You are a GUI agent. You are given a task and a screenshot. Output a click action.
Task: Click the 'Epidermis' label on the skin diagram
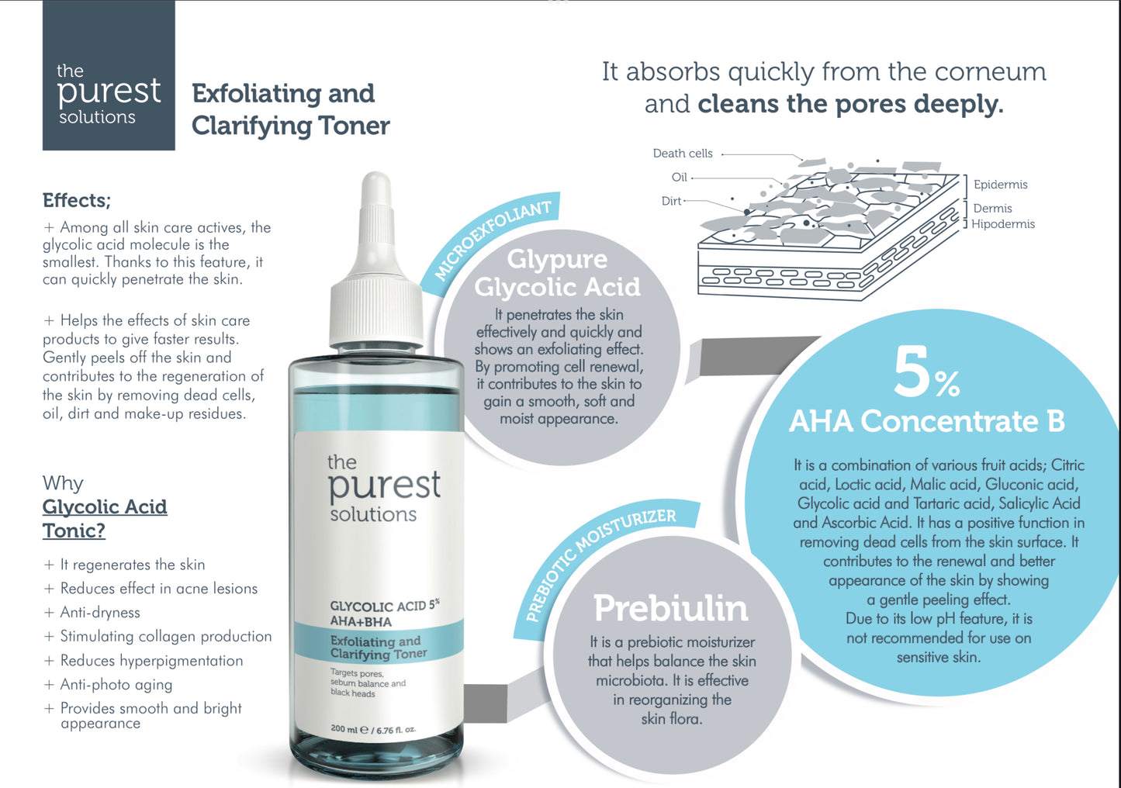click(x=1000, y=185)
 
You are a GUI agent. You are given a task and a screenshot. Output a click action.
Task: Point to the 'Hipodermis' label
click(x=1003, y=224)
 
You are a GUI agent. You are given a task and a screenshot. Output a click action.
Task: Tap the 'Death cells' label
click(x=683, y=154)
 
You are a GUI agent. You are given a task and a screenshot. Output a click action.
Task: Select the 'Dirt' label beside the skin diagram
click(x=671, y=201)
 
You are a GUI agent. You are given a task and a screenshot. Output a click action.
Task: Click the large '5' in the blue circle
click(x=912, y=372)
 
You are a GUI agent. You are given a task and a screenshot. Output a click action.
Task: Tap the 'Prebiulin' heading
click(x=671, y=609)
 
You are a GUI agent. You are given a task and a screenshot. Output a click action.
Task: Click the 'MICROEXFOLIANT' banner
click(x=493, y=240)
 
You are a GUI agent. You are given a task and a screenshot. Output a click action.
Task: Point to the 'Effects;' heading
click(x=77, y=200)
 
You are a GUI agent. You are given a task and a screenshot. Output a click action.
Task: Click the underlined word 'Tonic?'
click(x=74, y=531)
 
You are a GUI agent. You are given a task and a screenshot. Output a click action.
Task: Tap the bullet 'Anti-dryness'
click(x=100, y=613)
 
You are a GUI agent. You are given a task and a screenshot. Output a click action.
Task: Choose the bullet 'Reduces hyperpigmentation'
click(x=151, y=661)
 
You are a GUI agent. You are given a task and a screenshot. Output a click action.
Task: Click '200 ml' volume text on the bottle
click(x=344, y=728)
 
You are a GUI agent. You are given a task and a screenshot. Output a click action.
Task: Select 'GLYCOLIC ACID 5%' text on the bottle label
click(x=384, y=605)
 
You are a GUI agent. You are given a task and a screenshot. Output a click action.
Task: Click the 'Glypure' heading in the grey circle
click(x=557, y=259)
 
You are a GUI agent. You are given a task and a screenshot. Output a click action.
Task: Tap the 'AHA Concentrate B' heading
click(x=926, y=421)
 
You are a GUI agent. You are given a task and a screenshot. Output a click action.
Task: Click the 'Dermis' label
click(x=992, y=208)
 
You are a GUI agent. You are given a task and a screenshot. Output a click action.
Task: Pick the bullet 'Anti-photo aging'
click(x=116, y=685)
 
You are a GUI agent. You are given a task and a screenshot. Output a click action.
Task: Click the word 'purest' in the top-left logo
click(x=109, y=92)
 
